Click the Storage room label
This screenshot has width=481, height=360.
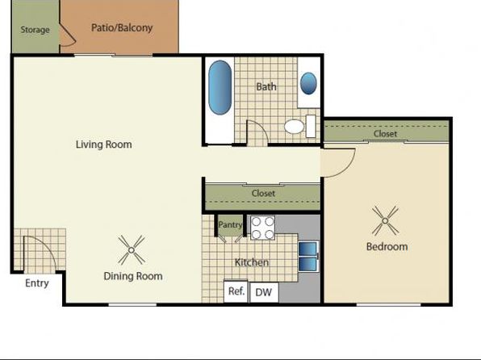[35, 30]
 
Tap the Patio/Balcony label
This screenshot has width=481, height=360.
[122, 27]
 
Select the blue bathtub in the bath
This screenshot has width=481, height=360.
[220, 87]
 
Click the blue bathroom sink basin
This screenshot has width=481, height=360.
[308, 83]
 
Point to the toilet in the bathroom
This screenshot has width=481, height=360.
[299, 126]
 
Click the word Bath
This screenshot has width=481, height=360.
[266, 87]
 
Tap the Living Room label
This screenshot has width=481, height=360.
[104, 144]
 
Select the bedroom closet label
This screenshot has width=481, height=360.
[385, 133]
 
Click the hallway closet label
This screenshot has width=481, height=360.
[263, 194]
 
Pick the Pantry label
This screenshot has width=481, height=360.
[230, 225]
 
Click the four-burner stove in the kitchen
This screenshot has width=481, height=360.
[262, 228]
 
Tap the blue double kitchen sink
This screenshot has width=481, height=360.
[308, 256]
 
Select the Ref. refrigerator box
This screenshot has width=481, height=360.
[236, 291]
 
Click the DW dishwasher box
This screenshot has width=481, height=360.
[264, 292]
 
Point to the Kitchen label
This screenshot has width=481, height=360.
[252, 262]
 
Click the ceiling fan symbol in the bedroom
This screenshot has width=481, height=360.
[385, 220]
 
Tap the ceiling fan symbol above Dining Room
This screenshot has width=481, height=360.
[132, 250]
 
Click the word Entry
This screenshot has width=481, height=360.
[37, 283]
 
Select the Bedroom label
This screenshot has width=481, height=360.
[387, 246]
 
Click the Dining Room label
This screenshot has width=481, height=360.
[133, 276]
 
